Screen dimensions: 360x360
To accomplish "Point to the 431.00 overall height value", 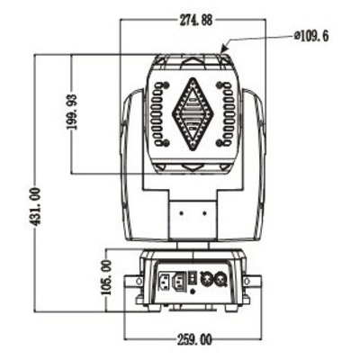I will coord(35,207).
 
